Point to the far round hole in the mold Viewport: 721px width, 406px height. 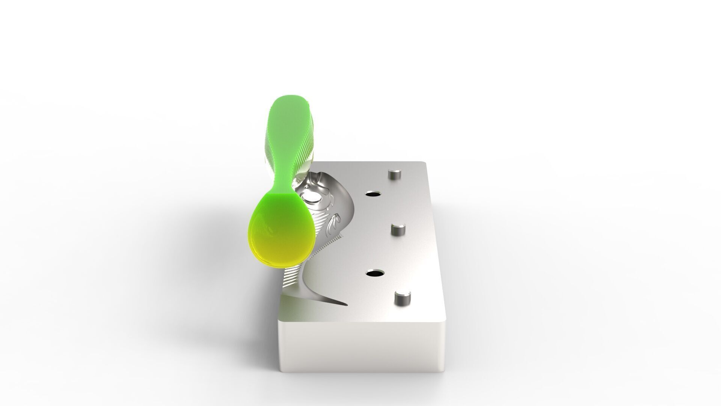(373, 195)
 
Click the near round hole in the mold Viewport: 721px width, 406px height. (374, 274)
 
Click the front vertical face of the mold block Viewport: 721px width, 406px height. (360, 346)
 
